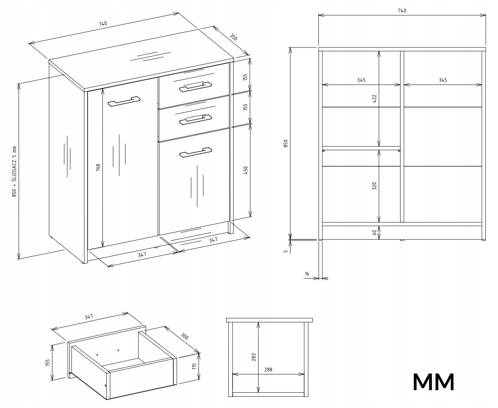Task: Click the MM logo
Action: (434, 382)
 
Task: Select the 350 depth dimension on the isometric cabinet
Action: (234, 37)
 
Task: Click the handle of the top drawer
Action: (195, 86)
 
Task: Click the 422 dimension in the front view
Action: (375, 98)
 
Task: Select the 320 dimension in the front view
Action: (375, 186)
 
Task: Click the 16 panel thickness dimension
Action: (307, 274)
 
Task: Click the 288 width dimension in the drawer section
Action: (268, 370)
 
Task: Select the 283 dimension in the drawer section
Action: (254, 357)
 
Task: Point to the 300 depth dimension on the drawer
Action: (185, 336)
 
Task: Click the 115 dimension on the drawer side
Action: (194, 366)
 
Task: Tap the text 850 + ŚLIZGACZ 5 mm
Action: (15, 171)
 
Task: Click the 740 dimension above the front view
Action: (402, 11)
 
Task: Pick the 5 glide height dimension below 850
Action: (286, 252)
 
